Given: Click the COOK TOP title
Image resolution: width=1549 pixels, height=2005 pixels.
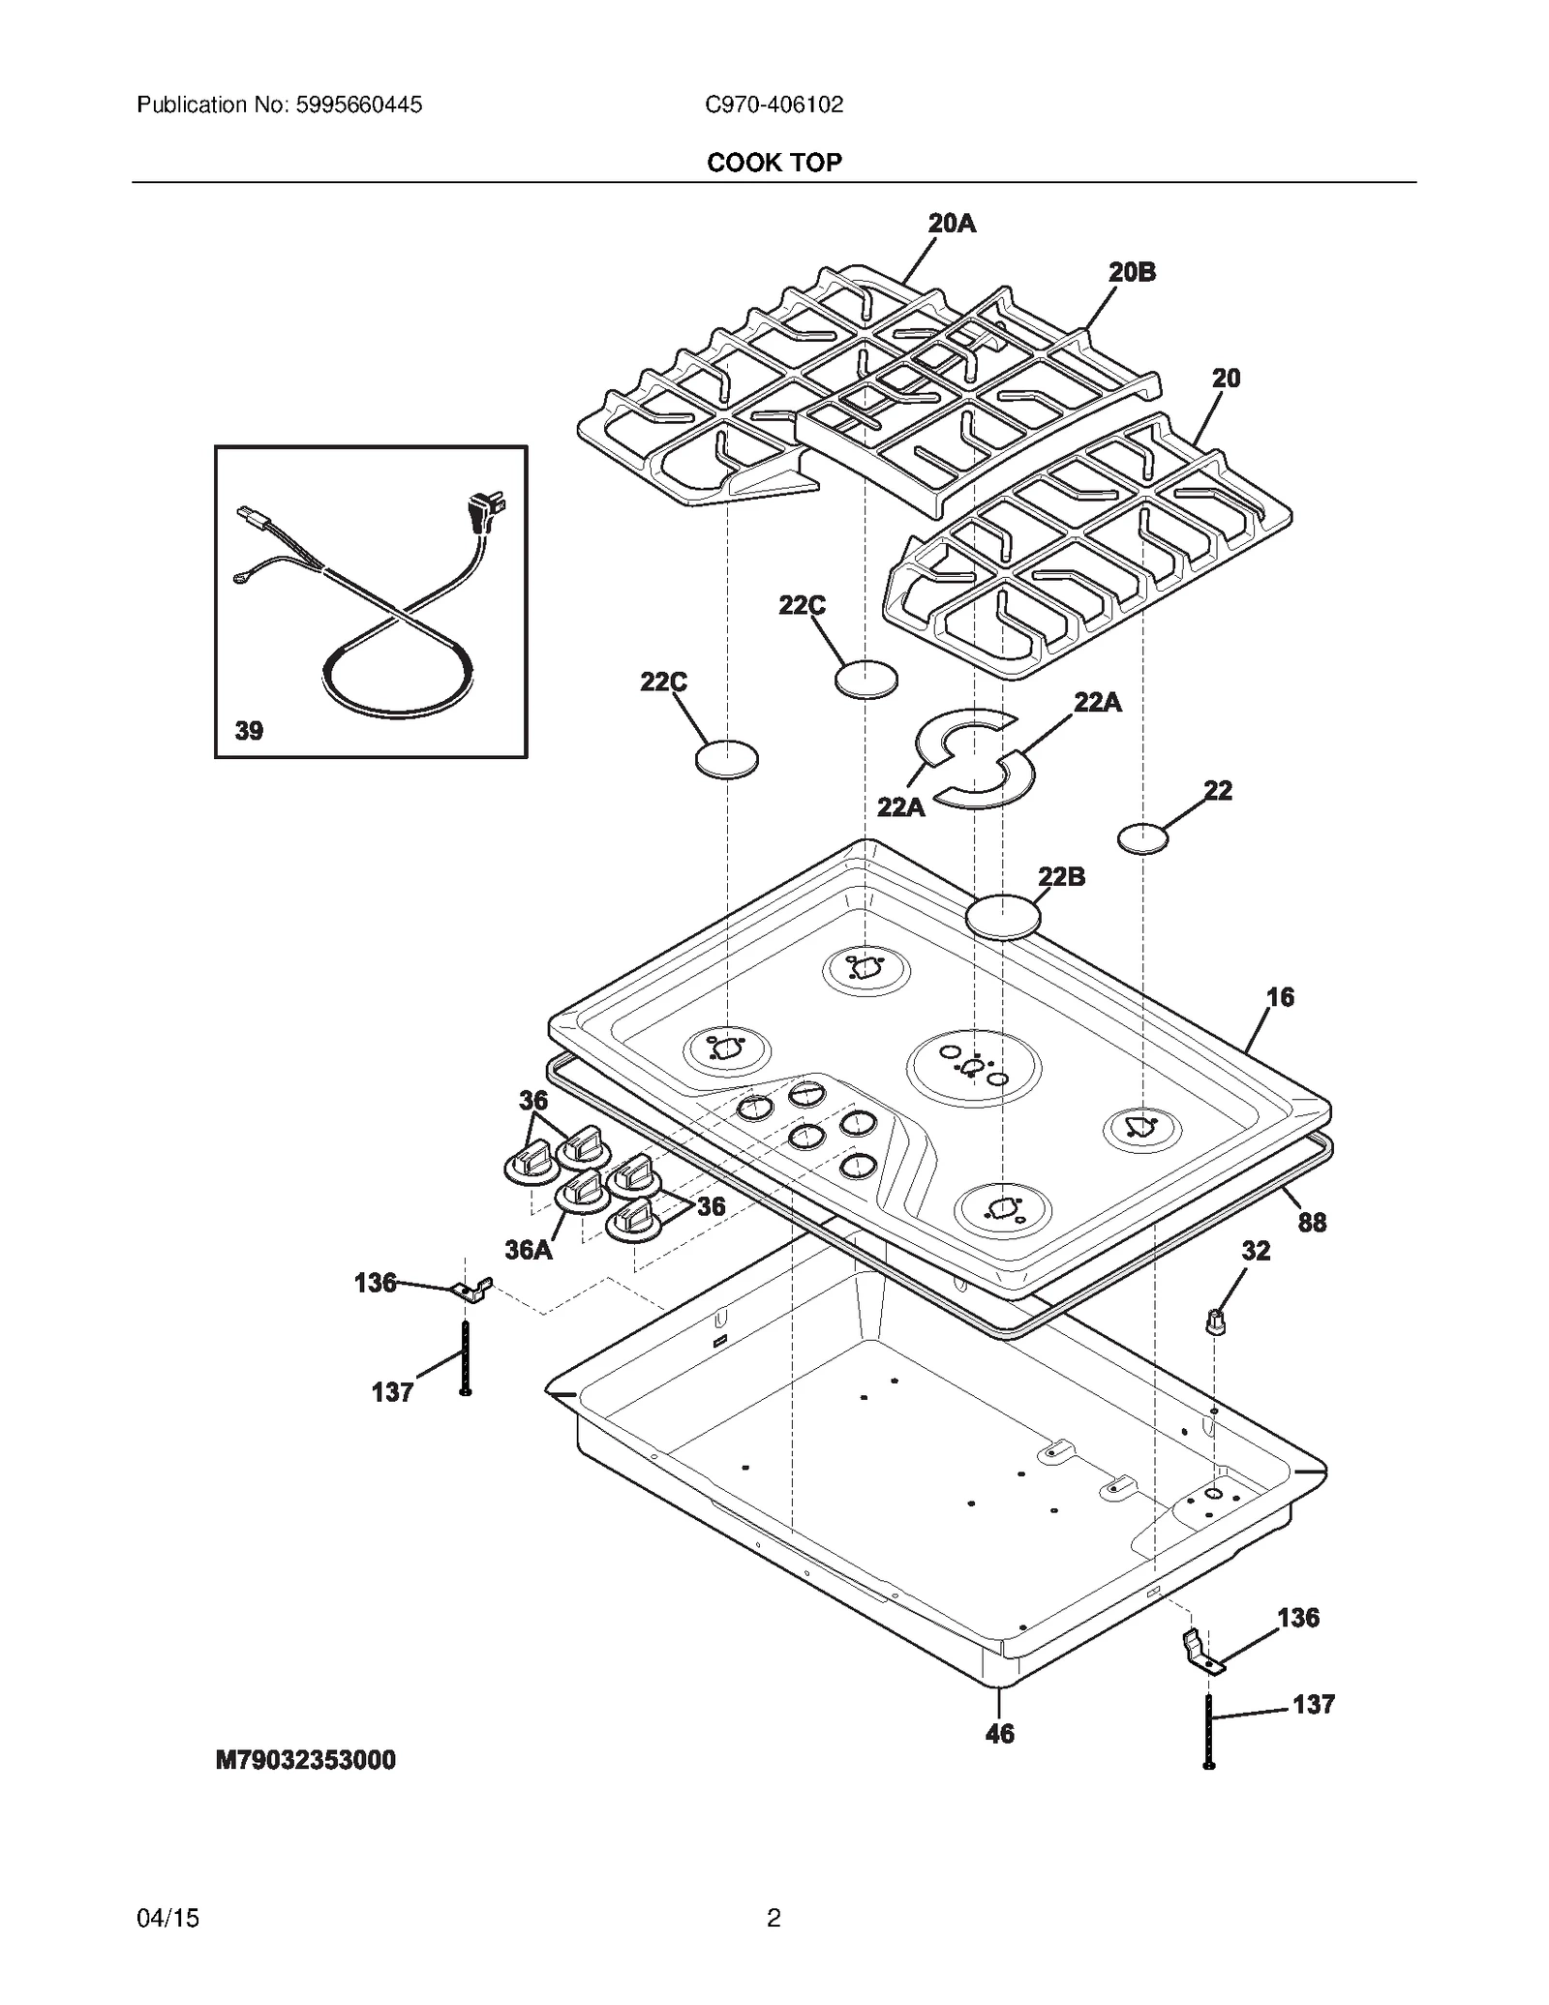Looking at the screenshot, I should click(774, 162).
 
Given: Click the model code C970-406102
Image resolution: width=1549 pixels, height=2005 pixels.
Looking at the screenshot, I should click(774, 105).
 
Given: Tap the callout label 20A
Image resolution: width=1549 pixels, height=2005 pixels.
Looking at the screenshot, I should click(952, 224).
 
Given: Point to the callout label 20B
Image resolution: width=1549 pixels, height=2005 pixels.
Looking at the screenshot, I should click(1132, 273).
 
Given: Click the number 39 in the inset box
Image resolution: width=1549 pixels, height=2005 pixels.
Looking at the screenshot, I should click(249, 731).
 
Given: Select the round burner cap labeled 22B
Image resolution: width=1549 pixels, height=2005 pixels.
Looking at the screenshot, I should click(1004, 915).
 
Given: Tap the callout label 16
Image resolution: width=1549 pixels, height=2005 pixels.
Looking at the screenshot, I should click(1280, 997).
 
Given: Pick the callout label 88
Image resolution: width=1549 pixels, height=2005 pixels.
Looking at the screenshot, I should click(1312, 1223).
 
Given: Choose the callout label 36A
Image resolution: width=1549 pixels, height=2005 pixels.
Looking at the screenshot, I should click(529, 1250).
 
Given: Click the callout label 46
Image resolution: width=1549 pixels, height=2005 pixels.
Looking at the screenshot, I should click(999, 1734).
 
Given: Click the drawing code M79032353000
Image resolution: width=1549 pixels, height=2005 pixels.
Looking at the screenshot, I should click(305, 1759).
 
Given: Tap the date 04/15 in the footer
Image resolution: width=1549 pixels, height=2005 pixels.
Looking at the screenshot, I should click(168, 1918).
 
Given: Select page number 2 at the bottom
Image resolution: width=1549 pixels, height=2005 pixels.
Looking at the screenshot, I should click(774, 1918).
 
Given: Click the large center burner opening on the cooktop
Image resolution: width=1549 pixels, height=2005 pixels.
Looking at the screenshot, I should click(973, 1068).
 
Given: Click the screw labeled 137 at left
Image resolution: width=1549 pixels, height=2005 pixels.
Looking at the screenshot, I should click(466, 1358).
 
